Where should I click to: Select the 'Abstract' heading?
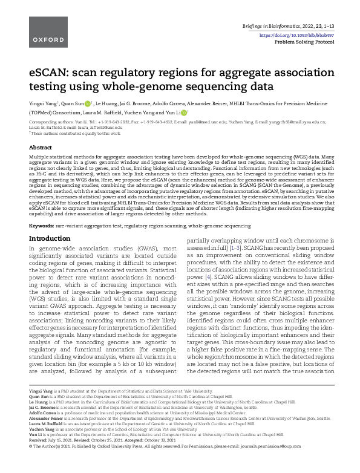pos(41,148)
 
